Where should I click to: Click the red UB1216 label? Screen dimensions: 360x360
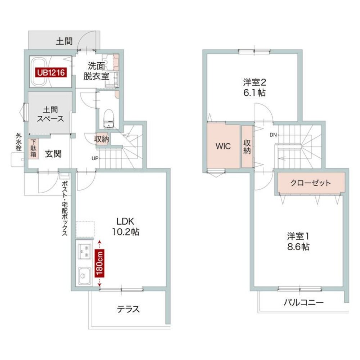tap(50, 73)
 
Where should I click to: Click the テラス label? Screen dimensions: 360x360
tap(128, 309)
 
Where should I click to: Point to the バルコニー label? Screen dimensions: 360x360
tap(303, 302)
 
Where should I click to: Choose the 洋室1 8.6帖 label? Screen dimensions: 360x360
tap(298, 242)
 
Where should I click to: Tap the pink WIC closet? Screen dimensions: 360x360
tap(223, 147)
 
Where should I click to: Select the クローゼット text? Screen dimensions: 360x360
tap(311, 183)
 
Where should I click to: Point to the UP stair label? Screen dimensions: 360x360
tap(94, 158)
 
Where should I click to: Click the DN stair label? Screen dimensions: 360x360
tap(273, 135)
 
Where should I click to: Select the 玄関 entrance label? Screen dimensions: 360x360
tap(53, 154)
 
